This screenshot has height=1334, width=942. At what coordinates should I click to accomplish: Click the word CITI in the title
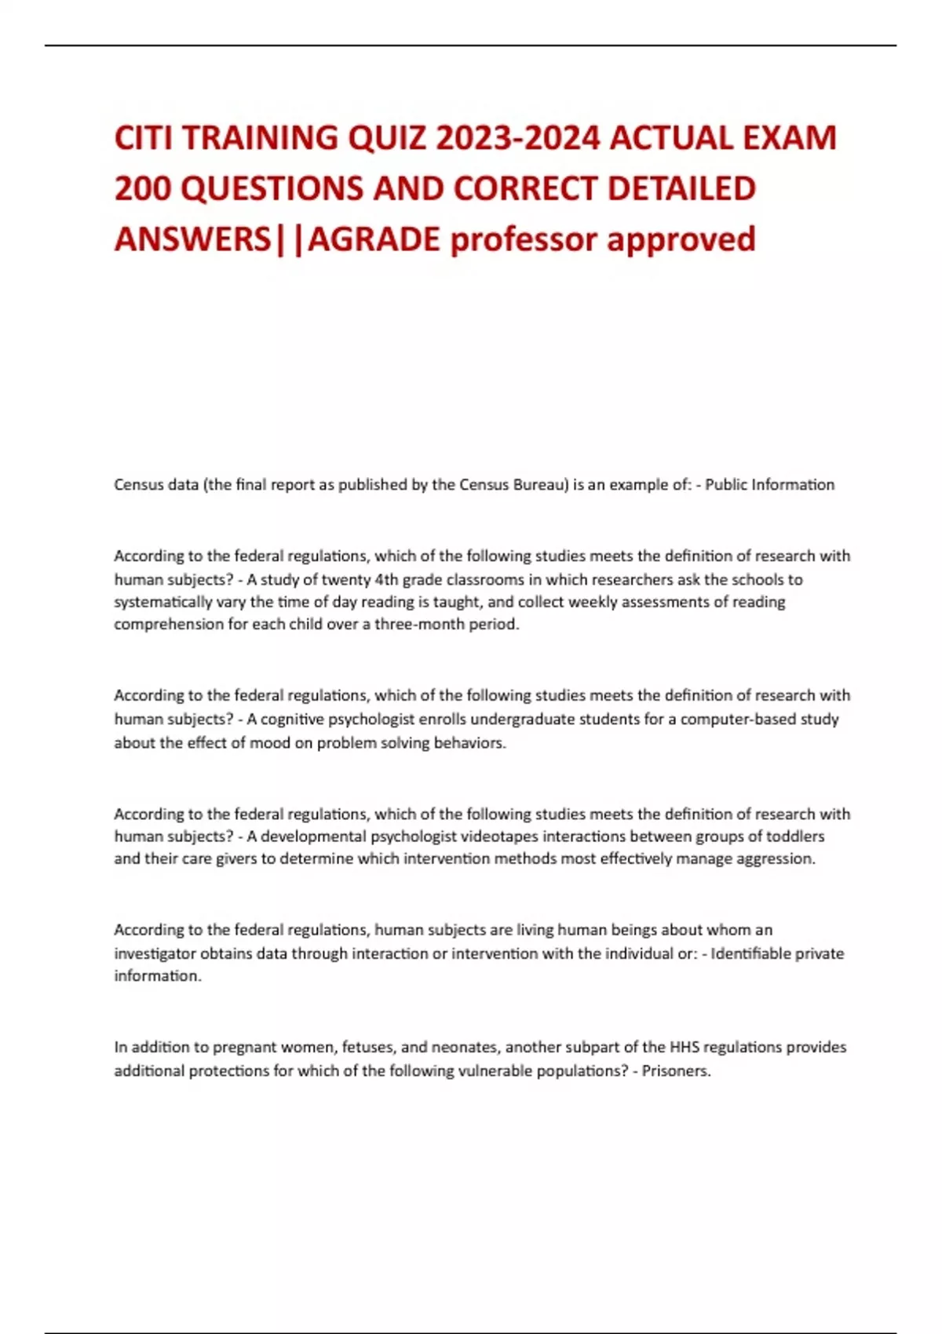(143, 138)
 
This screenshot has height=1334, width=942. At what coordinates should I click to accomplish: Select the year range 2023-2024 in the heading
(518, 138)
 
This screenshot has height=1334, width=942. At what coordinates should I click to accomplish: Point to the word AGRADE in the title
(374, 239)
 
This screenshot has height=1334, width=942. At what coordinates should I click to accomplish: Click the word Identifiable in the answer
(750, 954)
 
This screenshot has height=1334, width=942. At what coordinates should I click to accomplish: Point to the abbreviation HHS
(688, 1048)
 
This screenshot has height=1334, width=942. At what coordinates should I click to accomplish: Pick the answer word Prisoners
(676, 1071)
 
